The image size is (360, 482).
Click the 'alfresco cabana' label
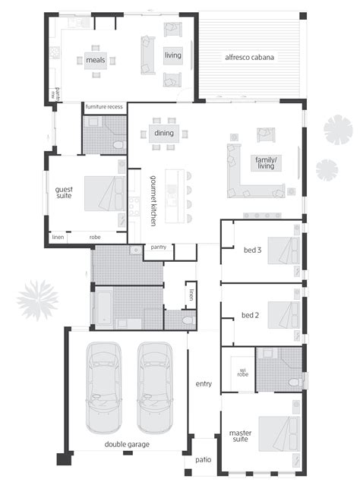(x=248, y=57)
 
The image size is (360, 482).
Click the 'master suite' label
(x=241, y=436)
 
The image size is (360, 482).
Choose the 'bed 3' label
(x=252, y=250)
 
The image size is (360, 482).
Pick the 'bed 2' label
(x=252, y=314)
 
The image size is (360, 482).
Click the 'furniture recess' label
(x=103, y=107)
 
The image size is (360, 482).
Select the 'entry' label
(x=202, y=383)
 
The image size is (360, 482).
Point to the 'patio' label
(x=201, y=460)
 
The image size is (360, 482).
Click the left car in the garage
(x=103, y=386)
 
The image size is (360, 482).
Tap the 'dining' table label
(x=165, y=134)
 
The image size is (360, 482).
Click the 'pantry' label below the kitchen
(x=159, y=247)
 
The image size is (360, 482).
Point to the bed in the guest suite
(x=100, y=194)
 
